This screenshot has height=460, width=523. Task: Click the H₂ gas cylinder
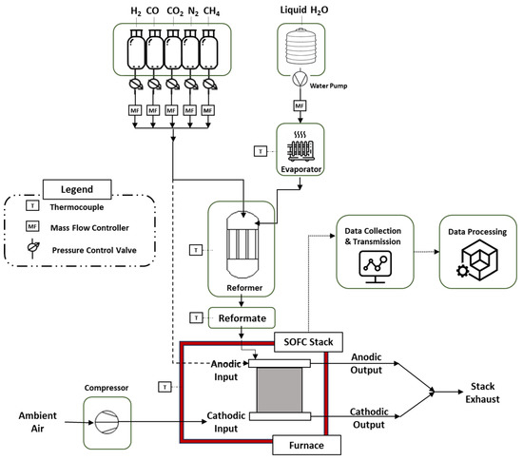136,49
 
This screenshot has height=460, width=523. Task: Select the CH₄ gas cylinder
208,49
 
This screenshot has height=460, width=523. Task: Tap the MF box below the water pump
300,106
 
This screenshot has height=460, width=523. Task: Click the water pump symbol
300,79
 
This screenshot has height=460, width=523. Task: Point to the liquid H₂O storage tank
300,47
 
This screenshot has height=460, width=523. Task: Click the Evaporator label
300,169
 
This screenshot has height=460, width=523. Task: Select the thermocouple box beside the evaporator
261,151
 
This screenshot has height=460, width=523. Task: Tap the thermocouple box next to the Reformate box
196,317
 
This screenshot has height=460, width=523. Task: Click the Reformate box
242,318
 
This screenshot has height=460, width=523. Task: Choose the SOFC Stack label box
308,342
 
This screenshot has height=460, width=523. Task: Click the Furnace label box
306,445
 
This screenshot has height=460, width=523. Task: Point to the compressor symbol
107,422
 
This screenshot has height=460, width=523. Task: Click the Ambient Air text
38,422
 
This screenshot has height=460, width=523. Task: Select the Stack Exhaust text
482,393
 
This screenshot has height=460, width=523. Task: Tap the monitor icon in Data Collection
376,267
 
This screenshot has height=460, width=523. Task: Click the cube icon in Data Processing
477,260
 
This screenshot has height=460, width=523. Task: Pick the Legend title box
77,189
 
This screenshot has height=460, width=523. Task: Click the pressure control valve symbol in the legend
32,248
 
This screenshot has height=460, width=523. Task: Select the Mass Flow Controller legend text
89,228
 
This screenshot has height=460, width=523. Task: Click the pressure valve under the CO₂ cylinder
172,84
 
